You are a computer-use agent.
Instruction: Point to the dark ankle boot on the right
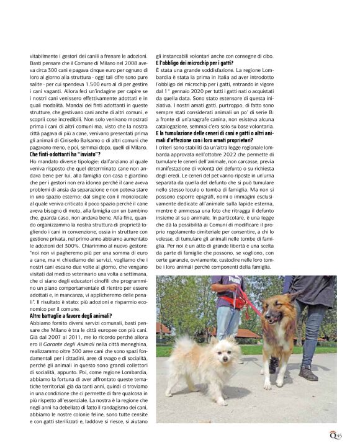[x=308, y=373]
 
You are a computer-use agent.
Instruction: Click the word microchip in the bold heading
[x=196, y=64]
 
